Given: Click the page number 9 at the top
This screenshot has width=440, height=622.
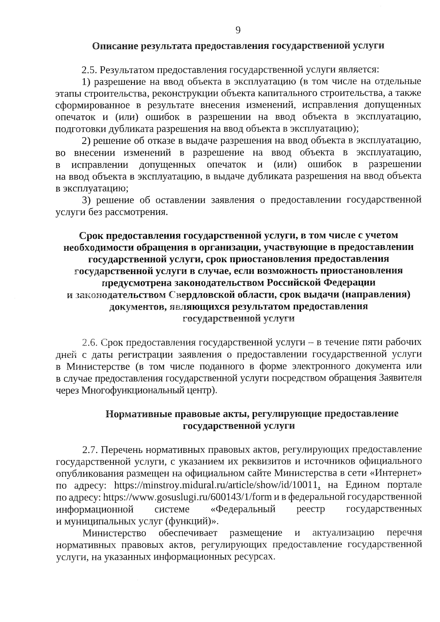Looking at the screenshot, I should pyautogui.click(x=238, y=30).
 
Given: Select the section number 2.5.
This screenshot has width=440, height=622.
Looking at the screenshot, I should pyautogui.click(x=89, y=69).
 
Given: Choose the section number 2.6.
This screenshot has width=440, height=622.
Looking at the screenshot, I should pyautogui.click(x=89, y=343).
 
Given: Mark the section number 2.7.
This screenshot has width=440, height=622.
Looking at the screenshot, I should pyautogui.click(x=90, y=450).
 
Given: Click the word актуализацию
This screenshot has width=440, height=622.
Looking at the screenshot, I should pyautogui.click(x=343, y=533).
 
